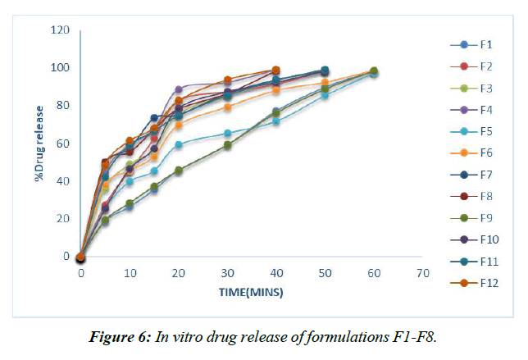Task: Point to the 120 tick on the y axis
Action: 61,30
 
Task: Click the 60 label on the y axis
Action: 64,144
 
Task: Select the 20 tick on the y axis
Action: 64,219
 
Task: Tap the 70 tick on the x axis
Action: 423,271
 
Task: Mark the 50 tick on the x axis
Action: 325,271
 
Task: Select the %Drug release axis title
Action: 39,144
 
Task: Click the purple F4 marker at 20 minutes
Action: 179,89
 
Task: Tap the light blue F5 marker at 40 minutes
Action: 276,121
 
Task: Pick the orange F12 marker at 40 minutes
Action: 276,71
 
